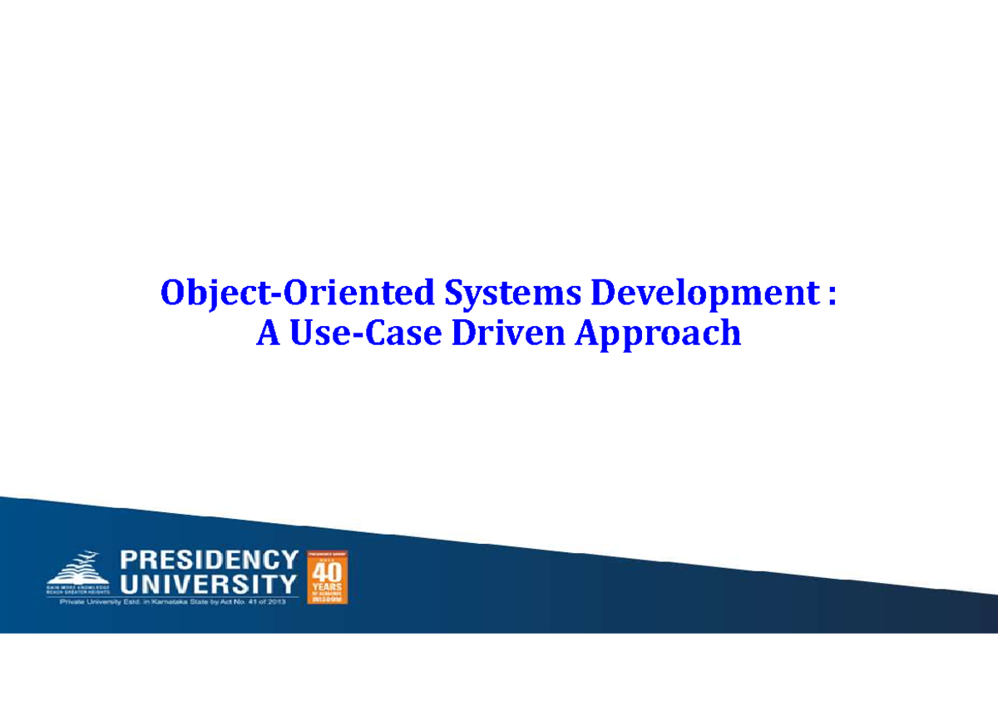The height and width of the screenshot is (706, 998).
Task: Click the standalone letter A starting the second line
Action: click(266, 333)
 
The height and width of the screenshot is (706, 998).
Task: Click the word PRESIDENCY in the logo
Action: click(209, 560)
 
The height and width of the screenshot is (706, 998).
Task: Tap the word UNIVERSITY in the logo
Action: click(209, 583)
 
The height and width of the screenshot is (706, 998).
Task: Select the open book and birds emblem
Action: click(76, 567)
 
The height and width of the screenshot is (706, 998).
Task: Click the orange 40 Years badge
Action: click(328, 576)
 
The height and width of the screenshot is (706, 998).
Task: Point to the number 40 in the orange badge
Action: click(328, 572)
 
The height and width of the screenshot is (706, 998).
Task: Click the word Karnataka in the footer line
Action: click(175, 603)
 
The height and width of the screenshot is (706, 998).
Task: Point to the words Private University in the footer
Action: click(89, 603)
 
